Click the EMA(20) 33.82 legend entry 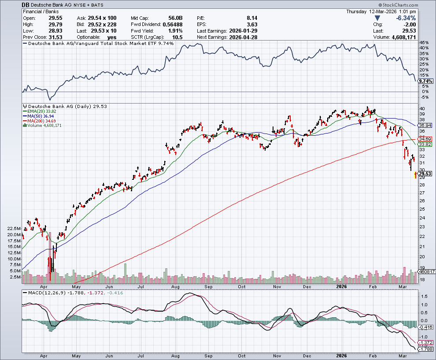click(x=42, y=111)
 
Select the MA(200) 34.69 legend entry click(x=42, y=121)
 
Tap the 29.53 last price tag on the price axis click(x=425, y=174)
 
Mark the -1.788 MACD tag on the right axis click(x=425, y=349)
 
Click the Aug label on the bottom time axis click(x=175, y=355)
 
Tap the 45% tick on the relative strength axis click(x=424, y=43)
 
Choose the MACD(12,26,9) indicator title click(x=43, y=293)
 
